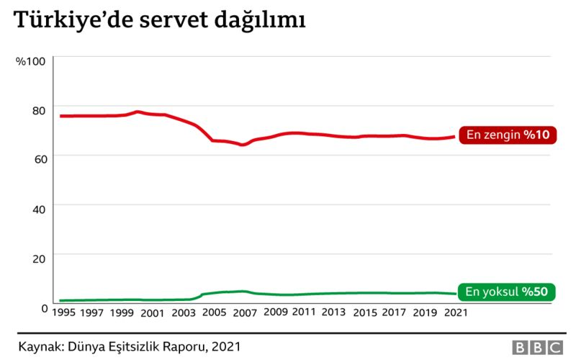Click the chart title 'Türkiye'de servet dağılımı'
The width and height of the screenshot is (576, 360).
pyautogui.click(x=161, y=22)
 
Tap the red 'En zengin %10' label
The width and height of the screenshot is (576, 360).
pyautogui.click(x=508, y=135)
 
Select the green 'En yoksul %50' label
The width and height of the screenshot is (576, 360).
pyautogui.click(x=507, y=292)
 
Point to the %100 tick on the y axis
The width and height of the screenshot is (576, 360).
pyautogui.click(x=31, y=60)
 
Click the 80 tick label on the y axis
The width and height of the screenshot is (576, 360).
pyautogui.click(x=38, y=109)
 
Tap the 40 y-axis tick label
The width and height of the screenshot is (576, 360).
pyautogui.click(x=38, y=207)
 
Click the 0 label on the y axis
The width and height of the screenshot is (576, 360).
pyautogui.click(x=42, y=306)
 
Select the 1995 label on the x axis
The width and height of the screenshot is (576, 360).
pyautogui.click(x=65, y=312)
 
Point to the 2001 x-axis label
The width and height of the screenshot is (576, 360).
pyautogui.click(x=153, y=312)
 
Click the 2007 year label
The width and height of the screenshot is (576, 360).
pyautogui.click(x=245, y=312)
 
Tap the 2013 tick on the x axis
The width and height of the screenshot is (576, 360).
pyautogui.click(x=333, y=312)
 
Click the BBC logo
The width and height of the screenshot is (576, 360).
pyautogui.click(x=536, y=347)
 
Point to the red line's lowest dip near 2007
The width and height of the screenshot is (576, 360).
pyautogui.click(x=243, y=145)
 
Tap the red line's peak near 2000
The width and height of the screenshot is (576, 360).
pyautogui.click(x=138, y=112)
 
